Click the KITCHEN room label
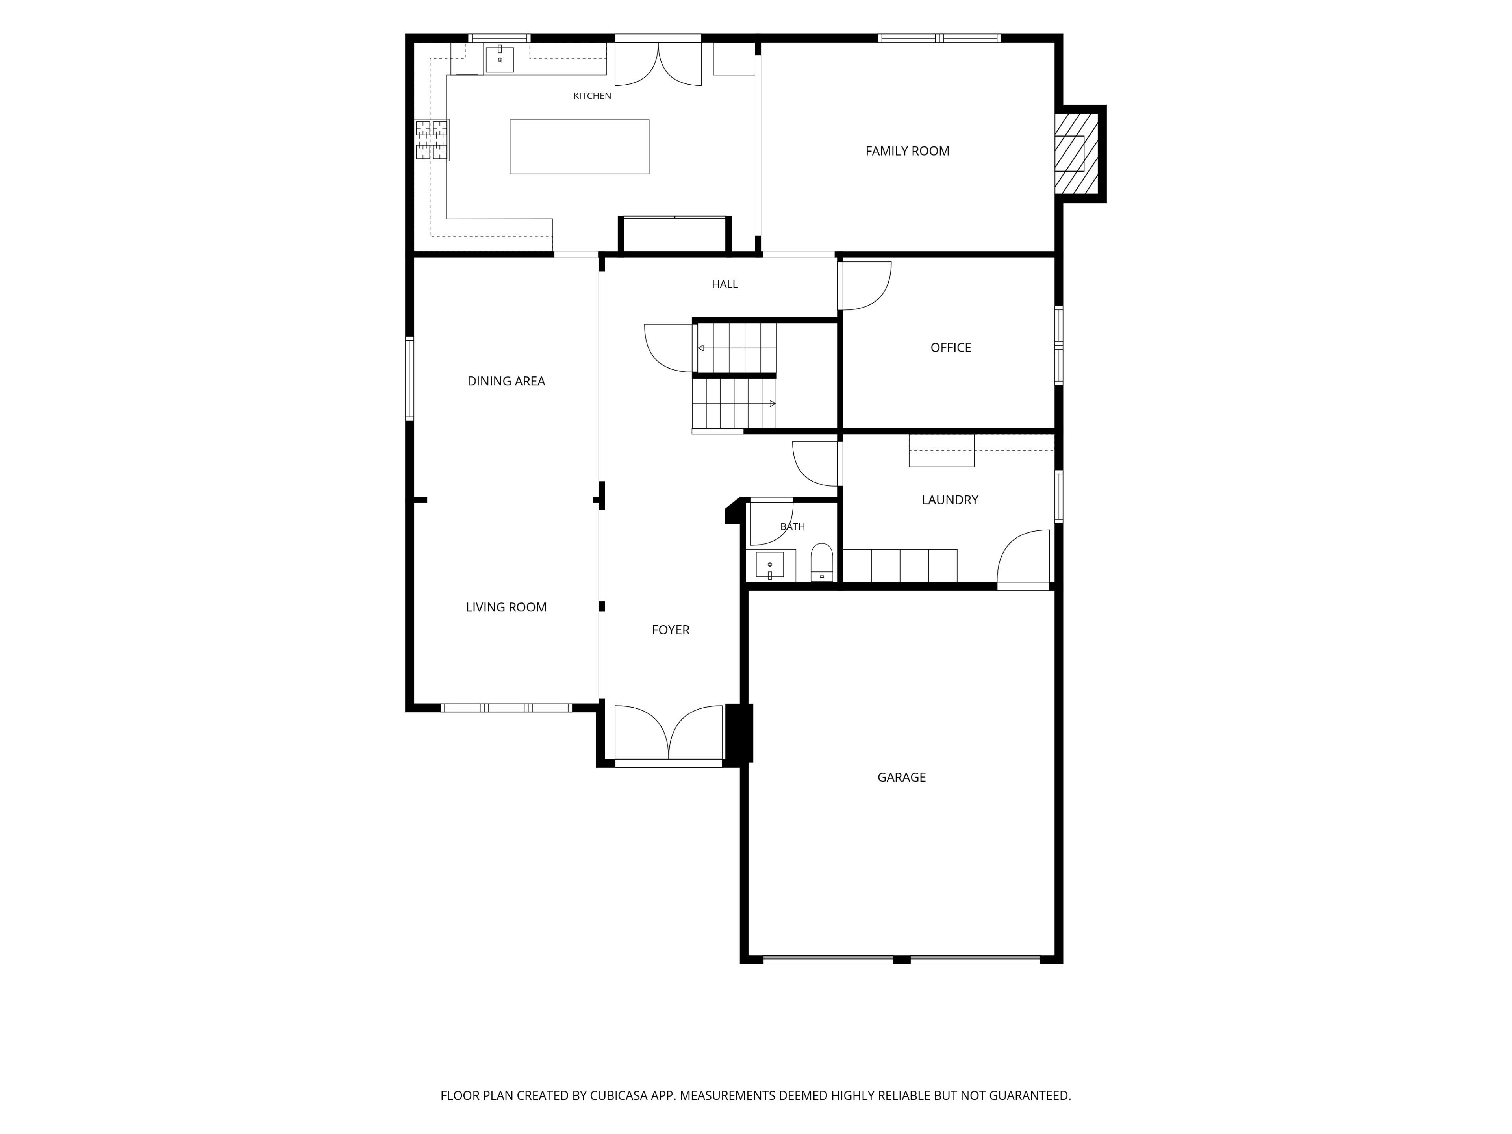(592, 96)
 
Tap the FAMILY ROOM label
(907, 151)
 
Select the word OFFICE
(950, 347)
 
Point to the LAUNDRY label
(949, 500)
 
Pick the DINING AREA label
(506, 382)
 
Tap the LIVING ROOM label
(506, 607)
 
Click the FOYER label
(671, 630)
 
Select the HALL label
(724, 284)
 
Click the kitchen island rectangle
(579, 147)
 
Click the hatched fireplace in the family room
(1076, 153)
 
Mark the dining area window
(409, 378)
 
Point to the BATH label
(792, 526)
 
